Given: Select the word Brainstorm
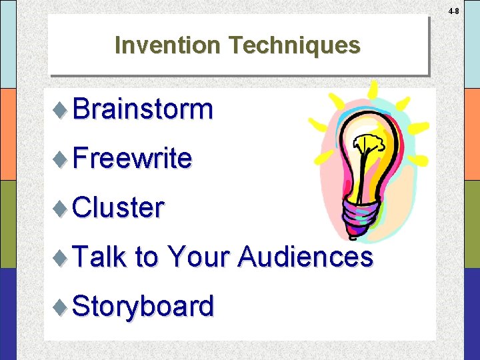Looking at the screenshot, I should point(143,109).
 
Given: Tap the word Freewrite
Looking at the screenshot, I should point(132,158).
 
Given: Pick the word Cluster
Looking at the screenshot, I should point(117,207).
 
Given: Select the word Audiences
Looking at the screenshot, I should point(305,257).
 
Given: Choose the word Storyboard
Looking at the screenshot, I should point(143,306).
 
